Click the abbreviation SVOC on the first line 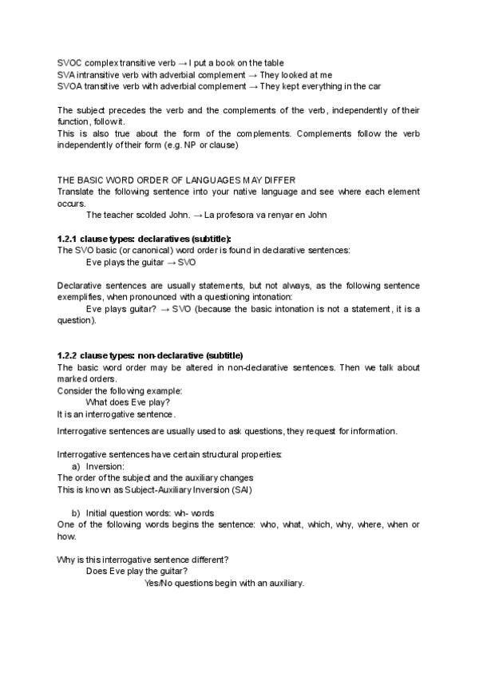(69, 62)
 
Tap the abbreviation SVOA (69, 85)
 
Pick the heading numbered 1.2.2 (150, 355)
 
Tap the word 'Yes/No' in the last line (158, 583)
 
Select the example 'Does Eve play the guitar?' (137, 571)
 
